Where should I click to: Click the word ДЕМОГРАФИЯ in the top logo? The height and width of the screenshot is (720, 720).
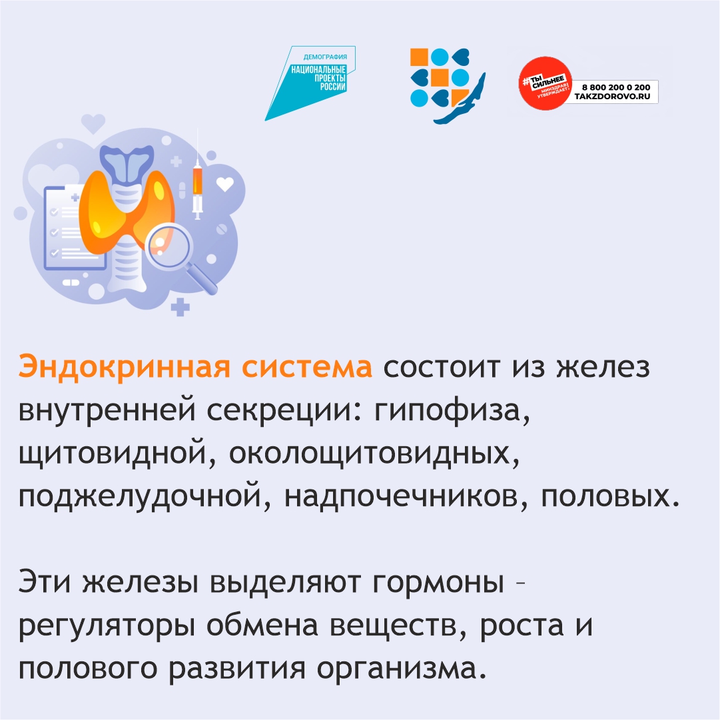[x=325, y=57]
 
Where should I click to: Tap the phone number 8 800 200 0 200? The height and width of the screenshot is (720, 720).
[x=616, y=87]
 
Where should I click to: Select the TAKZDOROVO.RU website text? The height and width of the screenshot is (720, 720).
[x=612, y=97]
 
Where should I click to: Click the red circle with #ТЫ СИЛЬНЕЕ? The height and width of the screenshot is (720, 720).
[x=545, y=83]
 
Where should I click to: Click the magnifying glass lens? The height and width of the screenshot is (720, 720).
[x=168, y=244]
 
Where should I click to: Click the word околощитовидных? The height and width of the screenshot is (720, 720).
[x=374, y=454]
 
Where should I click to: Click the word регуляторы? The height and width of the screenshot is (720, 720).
[x=106, y=626]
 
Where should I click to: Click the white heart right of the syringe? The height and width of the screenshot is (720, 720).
[x=225, y=184]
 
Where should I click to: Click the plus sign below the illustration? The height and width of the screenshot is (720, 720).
[x=180, y=307]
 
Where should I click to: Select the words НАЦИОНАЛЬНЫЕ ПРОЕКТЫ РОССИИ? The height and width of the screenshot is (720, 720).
[x=318, y=78]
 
